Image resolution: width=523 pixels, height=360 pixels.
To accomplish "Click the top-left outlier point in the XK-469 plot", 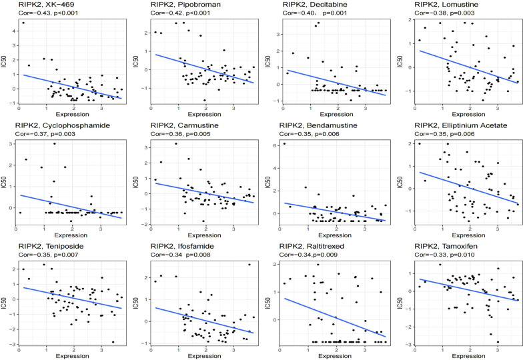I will tap(23, 23).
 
